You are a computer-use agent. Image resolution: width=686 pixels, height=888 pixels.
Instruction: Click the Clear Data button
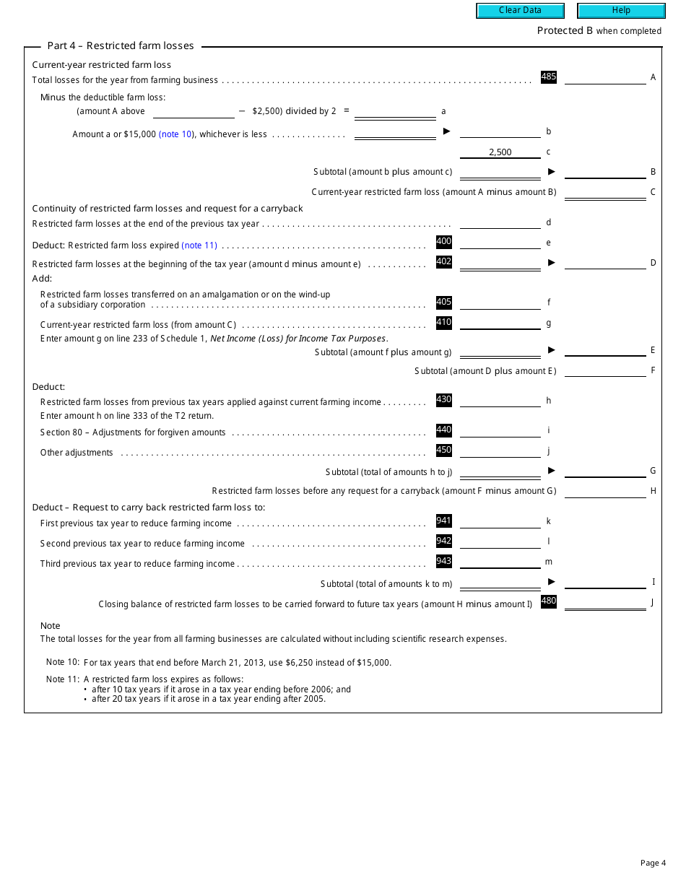(520, 10)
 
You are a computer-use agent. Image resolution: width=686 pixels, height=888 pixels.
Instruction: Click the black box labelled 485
(549, 77)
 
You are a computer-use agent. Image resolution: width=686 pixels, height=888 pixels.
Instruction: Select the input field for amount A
(605, 77)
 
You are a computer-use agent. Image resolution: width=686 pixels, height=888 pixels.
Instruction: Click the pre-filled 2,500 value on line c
(500, 152)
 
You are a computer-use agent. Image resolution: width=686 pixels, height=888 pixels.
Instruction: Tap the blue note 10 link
(176, 134)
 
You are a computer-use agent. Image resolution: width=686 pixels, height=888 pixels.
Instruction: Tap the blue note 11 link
(199, 245)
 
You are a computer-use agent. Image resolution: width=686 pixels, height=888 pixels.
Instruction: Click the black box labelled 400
(444, 242)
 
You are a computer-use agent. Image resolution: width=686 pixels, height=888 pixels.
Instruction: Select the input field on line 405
(500, 302)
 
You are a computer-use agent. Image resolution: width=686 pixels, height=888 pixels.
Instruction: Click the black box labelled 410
(444, 323)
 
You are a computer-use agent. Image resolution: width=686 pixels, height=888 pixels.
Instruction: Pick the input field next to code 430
(500, 401)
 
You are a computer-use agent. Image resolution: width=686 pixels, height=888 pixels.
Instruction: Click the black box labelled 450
(444, 450)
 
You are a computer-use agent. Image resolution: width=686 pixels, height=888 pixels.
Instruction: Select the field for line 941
(500, 521)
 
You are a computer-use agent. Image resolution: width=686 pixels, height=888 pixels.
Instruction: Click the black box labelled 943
(444, 561)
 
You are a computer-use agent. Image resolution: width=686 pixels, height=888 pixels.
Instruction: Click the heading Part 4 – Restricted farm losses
(121, 45)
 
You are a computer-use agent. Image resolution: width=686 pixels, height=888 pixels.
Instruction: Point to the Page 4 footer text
(653, 863)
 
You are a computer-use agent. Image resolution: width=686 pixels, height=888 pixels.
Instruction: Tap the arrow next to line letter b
(446, 131)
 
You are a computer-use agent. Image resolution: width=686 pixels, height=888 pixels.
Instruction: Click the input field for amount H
(605, 491)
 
